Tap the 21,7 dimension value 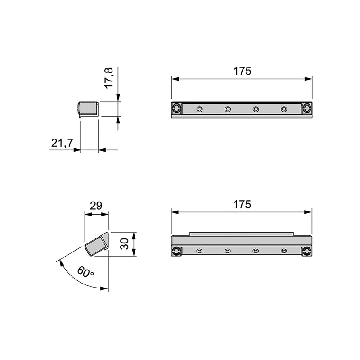pos(62,143)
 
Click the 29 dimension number pos(96,206)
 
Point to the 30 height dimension pos(126,244)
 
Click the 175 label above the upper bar pos(242,71)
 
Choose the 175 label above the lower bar pos(242,204)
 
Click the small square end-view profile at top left pos(88,109)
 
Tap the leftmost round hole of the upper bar pos(199,109)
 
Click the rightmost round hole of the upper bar pos(284,109)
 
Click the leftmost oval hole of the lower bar pos(199,251)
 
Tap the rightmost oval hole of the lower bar pos(283,251)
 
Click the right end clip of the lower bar pos(307,251)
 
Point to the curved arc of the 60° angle pos(72,277)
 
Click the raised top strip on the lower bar pos(242,234)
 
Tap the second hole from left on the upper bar pos(228,109)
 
